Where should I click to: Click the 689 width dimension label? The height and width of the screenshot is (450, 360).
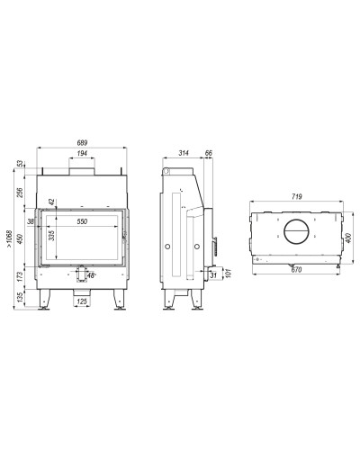click(82, 143)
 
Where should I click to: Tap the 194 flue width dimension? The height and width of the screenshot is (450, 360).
click(82, 153)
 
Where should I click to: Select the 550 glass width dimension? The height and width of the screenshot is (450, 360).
click(82, 221)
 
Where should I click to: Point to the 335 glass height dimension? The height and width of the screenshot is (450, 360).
click(51, 236)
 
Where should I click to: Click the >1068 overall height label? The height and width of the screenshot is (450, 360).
click(9, 238)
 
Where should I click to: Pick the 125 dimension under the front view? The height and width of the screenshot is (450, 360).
click(82, 301)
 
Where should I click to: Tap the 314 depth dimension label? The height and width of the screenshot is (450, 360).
click(184, 153)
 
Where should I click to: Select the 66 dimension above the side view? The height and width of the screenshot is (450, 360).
click(209, 153)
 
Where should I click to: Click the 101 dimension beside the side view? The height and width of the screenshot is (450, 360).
click(229, 274)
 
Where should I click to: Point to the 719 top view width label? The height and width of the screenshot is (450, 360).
click(297, 197)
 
